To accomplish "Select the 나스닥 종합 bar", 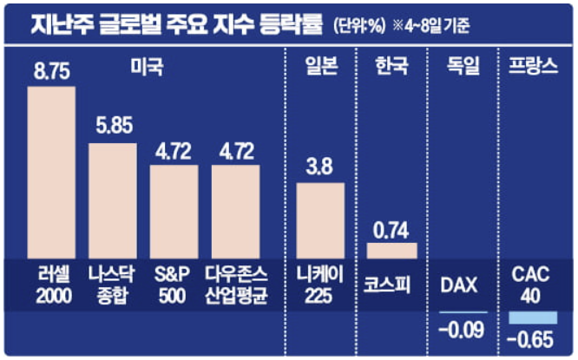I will pos(113,200).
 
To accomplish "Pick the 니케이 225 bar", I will pos(320,220).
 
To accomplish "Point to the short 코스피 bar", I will pos(391,251).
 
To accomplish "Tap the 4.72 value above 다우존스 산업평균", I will pos(236,152).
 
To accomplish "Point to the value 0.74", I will pos(391,230).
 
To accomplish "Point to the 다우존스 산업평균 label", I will pos(236,283).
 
